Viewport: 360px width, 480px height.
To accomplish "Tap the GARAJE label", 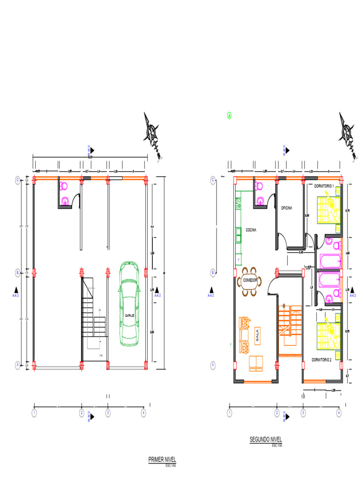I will coord(130,315).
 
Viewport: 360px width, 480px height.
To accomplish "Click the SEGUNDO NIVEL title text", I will coord(266,440).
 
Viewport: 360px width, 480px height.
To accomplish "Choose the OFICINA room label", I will coord(287,208).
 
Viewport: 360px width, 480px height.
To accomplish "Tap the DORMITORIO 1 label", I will coord(324,186).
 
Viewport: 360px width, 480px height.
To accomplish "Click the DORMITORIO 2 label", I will coord(322,360).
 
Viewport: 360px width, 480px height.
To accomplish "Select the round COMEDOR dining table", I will coord(250,280).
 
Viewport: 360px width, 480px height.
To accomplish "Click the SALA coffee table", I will coord(257,335).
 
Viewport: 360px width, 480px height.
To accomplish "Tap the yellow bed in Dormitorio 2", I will coord(328,334).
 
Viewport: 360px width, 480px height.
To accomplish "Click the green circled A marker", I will coord(229,115).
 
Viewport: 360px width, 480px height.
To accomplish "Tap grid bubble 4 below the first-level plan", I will coord(143,413).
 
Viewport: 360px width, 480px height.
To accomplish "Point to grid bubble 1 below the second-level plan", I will coord(229,413).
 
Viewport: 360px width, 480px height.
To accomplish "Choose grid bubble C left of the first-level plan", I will coord(18,180).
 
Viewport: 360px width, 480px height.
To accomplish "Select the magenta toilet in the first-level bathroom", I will coord(64,186).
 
